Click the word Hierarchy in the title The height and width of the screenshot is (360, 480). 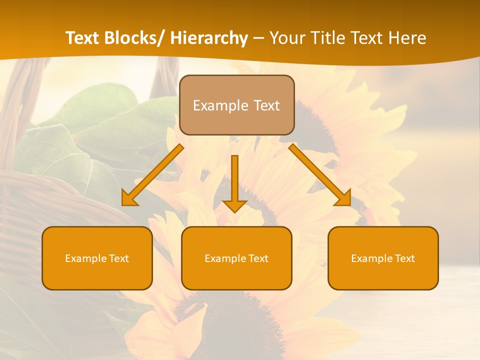(209, 38)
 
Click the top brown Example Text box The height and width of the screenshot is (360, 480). (236, 105)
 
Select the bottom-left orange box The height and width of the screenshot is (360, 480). (97, 258)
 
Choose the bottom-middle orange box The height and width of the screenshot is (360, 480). (236, 258)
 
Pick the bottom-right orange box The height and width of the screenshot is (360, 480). (383, 258)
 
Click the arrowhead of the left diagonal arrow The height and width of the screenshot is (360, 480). (129, 199)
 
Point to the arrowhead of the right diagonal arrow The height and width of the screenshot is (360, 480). (344, 199)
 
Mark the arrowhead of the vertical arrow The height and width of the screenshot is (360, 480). (234, 206)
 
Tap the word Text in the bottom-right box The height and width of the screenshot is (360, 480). (404, 258)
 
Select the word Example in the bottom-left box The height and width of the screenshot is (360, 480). (85, 258)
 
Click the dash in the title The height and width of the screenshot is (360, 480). (258, 38)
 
